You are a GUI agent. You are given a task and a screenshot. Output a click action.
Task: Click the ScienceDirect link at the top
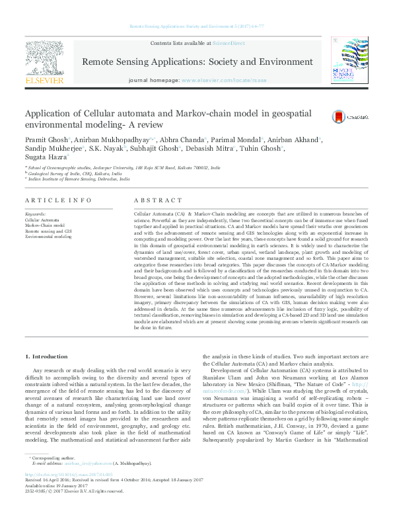click(229, 44)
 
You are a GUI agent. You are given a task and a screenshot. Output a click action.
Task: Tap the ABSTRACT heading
click(157, 200)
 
